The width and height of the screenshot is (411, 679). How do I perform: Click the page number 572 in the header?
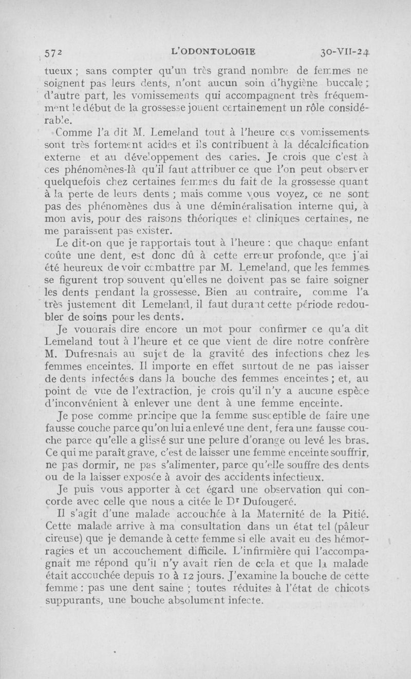[x=53, y=52]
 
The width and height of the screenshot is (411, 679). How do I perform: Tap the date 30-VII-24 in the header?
[x=349, y=52]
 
